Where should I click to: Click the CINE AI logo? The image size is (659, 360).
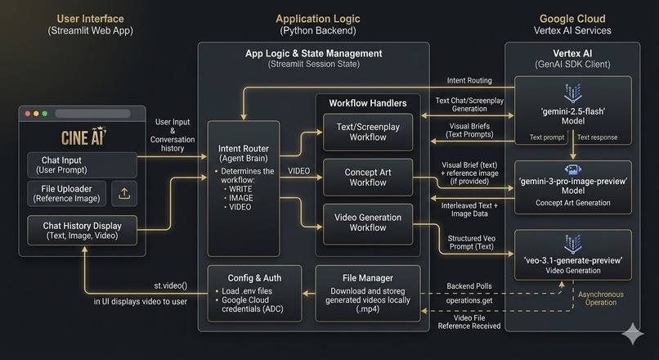[83, 136]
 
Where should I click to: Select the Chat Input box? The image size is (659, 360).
[82, 164]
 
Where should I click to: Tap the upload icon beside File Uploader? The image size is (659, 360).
[124, 193]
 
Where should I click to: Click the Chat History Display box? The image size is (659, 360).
[82, 230]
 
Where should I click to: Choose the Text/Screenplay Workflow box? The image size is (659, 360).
[368, 132]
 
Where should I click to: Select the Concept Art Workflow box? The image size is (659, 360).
[368, 177]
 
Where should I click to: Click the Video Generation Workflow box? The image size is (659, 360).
[368, 223]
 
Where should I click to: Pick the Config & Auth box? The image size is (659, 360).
[254, 293]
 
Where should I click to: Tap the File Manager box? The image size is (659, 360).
[368, 293]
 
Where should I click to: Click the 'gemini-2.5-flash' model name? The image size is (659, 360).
[573, 111]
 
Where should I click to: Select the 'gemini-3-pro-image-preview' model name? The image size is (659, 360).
[573, 182]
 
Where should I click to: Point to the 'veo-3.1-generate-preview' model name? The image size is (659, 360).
[573, 260]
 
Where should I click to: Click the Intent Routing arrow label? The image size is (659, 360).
[469, 80]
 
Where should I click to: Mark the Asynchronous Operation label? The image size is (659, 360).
[601, 298]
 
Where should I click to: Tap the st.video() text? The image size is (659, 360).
[171, 286]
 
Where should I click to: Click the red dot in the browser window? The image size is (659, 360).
[28, 114]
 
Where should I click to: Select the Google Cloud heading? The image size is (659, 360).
[572, 19]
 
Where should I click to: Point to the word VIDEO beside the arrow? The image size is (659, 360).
[298, 171]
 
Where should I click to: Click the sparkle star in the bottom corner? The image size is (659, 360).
[633, 334]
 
